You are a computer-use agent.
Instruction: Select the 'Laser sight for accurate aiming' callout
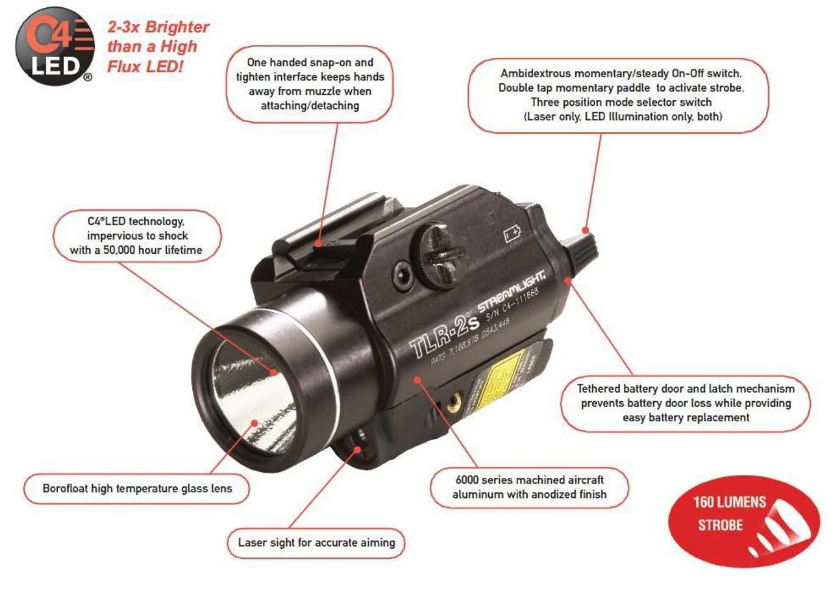coord(316,542)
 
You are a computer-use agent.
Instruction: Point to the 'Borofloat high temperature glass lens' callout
coord(137,488)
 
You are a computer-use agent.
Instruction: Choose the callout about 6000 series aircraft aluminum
coord(529,487)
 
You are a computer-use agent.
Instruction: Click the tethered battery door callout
coord(685,402)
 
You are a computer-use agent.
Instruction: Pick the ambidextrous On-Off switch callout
coord(618,95)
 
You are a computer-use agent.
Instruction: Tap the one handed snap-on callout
coord(310,84)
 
